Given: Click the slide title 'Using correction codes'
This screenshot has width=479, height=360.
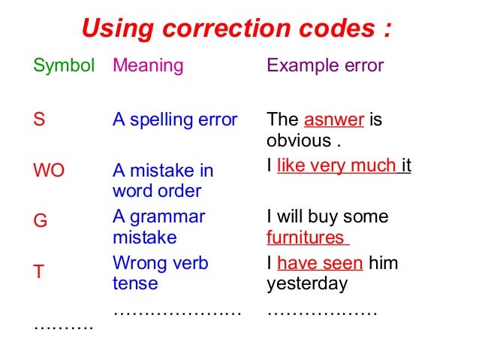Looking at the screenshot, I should pyautogui.click(x=236, y=29).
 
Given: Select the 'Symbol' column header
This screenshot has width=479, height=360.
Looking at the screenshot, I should pyautogui.click(x=64, y=65).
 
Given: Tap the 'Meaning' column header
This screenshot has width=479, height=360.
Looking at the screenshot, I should pyautogui.click(x=148, y=65).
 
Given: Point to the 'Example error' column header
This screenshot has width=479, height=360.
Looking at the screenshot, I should pyautogui.click(x=325, y=65).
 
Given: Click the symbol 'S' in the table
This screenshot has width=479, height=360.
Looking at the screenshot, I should pyautogui.click(x=39, y=119).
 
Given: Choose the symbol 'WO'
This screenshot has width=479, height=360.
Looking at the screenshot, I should pyautogui.click(x=49, y=171).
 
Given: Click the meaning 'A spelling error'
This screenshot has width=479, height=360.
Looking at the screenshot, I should pyautogui.click(x=175, y=119).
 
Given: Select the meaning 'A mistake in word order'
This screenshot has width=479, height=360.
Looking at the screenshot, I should pyautogui.click(x=163, y=180).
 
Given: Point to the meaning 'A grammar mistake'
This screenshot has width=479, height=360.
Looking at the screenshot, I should pyautogui.click(x=158, y=227).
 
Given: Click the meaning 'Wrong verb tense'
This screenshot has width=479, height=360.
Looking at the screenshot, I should pyautogui.click(x=161, y=274).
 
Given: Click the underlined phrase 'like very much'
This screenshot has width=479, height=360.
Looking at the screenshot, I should pyautogui.click(x=336, y=165).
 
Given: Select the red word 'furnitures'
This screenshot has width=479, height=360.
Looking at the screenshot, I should pyautogui.click(x=306, y=238).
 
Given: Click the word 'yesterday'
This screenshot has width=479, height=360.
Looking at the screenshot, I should pyautogui.click(x=307, y=284).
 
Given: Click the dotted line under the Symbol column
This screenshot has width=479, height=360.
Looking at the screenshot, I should pyautogui.click(x=64, y=326).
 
